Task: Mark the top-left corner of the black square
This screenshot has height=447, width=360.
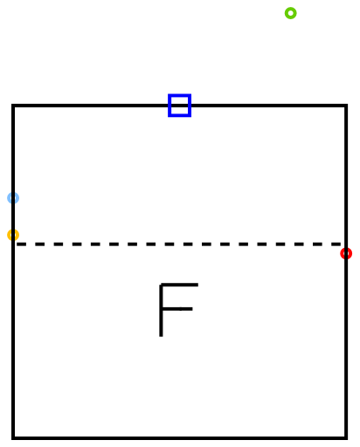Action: click(x=13, y=106)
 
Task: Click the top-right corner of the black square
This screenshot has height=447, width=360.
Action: click(x=346, y=106)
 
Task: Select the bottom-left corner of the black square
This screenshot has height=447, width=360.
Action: click(x=13, y=437)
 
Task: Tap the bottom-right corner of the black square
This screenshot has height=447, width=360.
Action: click(x=346, y=437)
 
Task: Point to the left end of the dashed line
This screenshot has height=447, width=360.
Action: click(x=17, y=244)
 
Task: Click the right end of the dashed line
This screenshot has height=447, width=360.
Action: click(x=342, y=244)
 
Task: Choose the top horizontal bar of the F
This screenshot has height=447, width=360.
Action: click(x=179, y=285)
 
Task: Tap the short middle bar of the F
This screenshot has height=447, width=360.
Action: click(x=176, y=309)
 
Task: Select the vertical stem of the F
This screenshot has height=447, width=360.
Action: click(x=161, y=310)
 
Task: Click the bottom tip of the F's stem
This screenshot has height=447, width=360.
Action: click(x=161, y=337)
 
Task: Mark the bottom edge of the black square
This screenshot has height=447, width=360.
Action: click(x=179, y=437)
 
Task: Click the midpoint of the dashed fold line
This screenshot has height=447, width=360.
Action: click(x=179, y=244)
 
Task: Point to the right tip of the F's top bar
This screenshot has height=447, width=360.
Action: click(x=198, y=285)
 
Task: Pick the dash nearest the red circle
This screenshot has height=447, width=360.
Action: click(x=336, y=244)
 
